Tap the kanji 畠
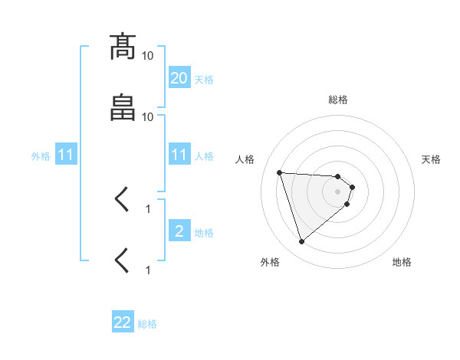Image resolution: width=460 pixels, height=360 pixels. tap(123, 108)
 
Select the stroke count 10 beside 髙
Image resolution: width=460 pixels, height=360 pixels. tap(148, 56)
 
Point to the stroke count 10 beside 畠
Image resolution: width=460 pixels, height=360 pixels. tap(148, 117)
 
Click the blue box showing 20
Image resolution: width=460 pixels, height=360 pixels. tap(179, 77)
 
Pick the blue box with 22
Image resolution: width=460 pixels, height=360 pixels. tap(123, 322)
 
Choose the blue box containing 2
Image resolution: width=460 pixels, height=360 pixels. tap(179, 231)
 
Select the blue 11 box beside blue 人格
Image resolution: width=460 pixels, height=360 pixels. tap(179, 155)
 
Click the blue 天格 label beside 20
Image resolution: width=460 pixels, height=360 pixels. tap(204, 79)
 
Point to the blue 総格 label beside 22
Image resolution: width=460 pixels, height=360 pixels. tap(147, 324)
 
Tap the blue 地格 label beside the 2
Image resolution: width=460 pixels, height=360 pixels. tap(204, 233)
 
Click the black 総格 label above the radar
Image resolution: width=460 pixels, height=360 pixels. tap(338, 100)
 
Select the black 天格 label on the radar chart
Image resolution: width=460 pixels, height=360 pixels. tap(431, 159)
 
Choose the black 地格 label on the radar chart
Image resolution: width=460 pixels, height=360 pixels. tap(402, 262)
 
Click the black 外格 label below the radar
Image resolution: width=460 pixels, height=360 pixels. tap(270, 262)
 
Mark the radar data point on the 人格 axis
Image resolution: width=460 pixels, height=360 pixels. tap(280, 172)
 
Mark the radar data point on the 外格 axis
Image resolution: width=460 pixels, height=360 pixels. tap(301, 242)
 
